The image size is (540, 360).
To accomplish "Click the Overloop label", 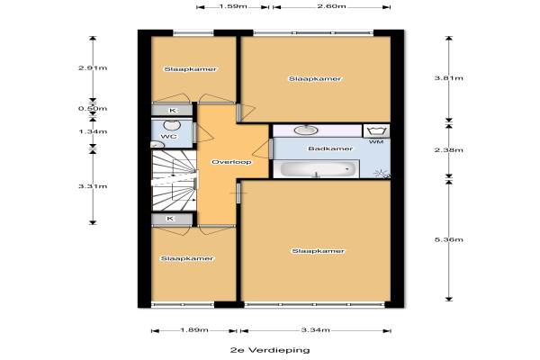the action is [x=231, y=162].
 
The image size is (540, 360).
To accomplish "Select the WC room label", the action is [x=169, y=137].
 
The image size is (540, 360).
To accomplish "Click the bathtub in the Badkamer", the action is [x=316, y=169].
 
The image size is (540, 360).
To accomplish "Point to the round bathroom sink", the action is [x=306, y=130].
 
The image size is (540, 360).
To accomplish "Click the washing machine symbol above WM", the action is [x=376, y=130].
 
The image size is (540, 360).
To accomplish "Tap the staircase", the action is [x=174, y=180].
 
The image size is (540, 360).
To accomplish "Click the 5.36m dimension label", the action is [x=449, y=239].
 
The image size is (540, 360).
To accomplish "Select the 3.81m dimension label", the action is [x=449, y=78].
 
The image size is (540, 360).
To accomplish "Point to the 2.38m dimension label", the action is [x=449, y=150].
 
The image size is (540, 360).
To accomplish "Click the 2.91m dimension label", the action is [x=93, y=67].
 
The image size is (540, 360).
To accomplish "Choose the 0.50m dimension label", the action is [x=93, y=109].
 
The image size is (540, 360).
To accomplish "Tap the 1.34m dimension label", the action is [x=93, y=131].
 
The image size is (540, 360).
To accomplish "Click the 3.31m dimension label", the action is [x=93, y=186].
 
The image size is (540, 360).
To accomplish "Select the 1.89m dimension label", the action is [x=194, y=330].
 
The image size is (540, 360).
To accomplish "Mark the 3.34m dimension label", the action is [x=316, y=330].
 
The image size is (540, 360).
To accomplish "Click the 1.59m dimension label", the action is [x=233, y=6].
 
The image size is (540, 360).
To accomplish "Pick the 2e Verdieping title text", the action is [x=270, y=350].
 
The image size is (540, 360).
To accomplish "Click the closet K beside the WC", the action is [x=172, y=110].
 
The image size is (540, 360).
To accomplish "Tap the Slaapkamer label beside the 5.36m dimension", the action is [x=318, y=251].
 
